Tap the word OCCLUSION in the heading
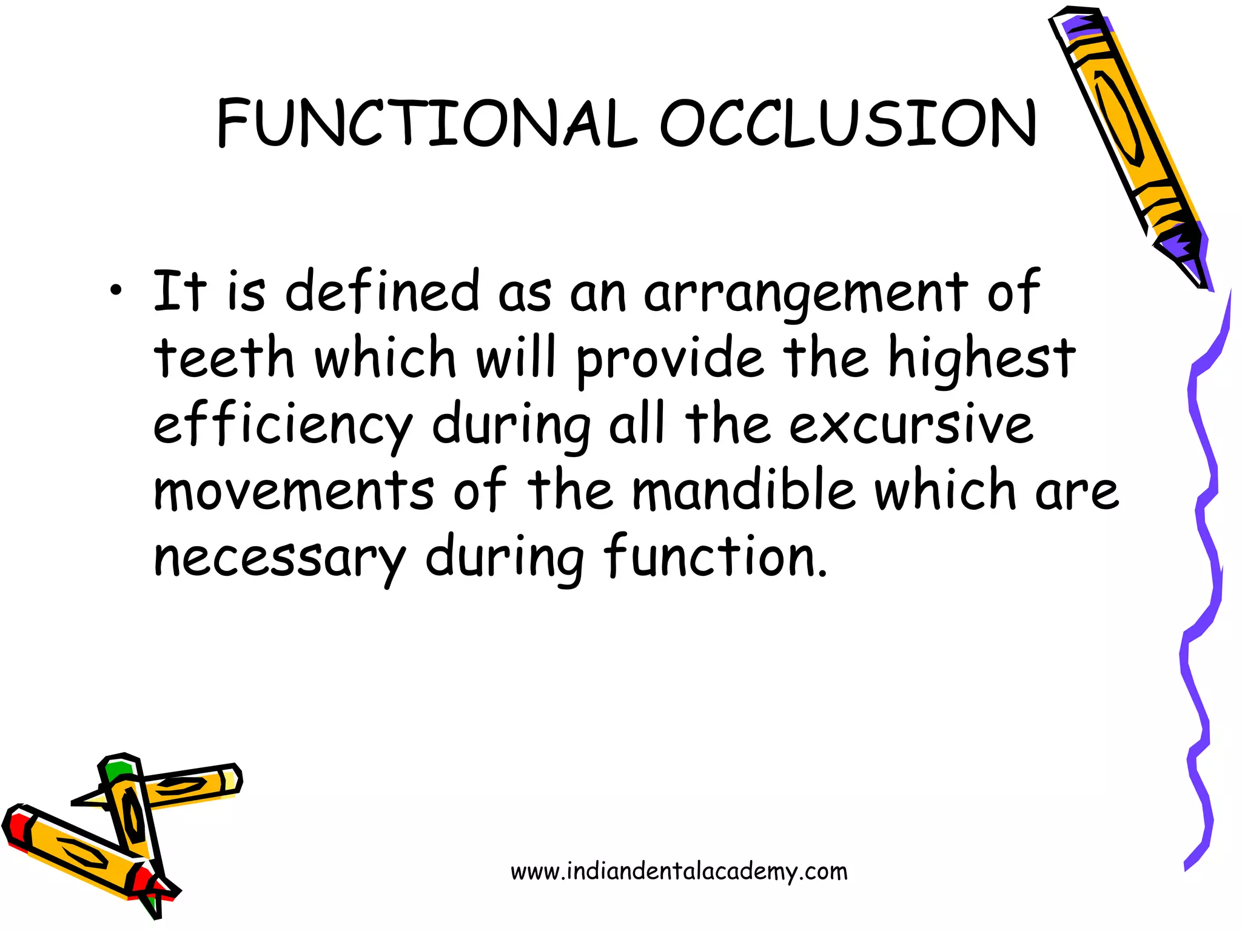pyautogui.click(x=848, y=124)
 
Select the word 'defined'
pyautogui.click(x=382, y=291)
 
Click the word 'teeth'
pyautogui.click(x=224, y=358)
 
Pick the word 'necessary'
pyautogui.click(x=279, y=558)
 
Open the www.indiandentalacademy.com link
pyautogui.click(x=679, y=872)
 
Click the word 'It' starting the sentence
pyautogui.click(x=180, y=291)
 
